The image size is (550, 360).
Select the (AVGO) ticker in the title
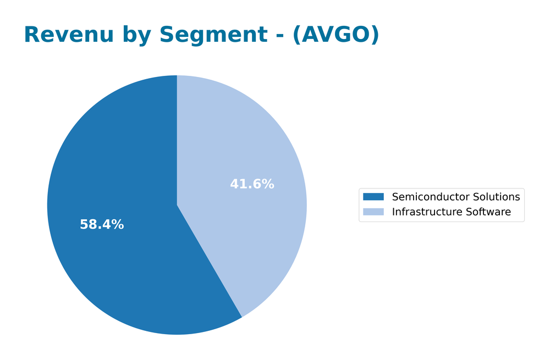[x=335, y=35]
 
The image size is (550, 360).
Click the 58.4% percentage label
[x=102, y=225]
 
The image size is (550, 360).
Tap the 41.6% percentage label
[x=252, y=185]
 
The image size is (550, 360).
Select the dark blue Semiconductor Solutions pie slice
[x=110, y=165]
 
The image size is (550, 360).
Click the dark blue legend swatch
[x=373, y=197]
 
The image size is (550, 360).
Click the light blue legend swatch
[x=373, y=212]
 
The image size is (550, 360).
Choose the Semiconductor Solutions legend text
[x=455, y=197]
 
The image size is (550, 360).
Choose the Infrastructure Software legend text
[x=451, y=212]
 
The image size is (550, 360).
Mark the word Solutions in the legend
[x=498, y=197]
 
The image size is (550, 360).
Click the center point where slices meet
[x=177, y=205]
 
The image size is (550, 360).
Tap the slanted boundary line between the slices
[x=210, y=261]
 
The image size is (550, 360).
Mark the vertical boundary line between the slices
[x=177, y=140]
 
